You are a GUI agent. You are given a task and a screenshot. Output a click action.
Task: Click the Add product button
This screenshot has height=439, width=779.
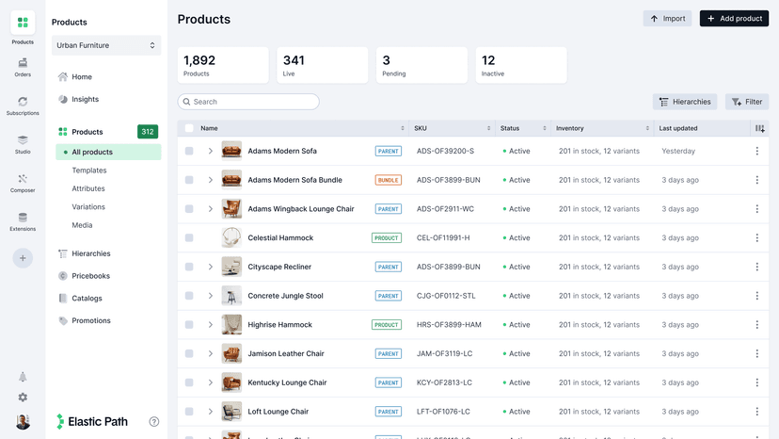pyautogui.click(x=734, y=19)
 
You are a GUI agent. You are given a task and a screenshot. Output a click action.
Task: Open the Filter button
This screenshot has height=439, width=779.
pyautogui.click(x=747, y=102)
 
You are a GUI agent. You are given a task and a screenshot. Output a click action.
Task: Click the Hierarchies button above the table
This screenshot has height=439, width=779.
pyautogui.click(x=685, y=102)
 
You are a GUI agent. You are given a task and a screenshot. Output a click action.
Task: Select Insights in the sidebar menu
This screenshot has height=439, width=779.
pyautogui.click(x=85, y=99)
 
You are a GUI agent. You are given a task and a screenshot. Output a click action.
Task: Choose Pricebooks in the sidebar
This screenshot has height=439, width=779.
pyautogui.click(x=90, y=276)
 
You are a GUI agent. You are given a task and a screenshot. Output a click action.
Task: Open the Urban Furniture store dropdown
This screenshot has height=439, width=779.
pyautogui.click(x=106, y=45)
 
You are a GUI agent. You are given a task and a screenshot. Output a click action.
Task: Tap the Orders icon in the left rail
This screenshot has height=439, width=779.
pyautogui.click(x=23, y=66)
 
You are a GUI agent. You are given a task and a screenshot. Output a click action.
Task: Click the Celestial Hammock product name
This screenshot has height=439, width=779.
pyautogui.click(x=280, y=238)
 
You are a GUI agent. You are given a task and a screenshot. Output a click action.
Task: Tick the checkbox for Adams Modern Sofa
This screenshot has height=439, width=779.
pyautogui.click(x=189, y=151)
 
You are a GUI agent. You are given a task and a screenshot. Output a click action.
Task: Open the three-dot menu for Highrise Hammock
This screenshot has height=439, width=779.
pyautogui.click(x=756, y=325)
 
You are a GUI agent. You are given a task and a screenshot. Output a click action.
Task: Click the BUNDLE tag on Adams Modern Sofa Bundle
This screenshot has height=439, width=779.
pyautogui.click(x=388, y=180)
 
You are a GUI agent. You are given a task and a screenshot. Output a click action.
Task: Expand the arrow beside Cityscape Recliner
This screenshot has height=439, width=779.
pyautogui.click(x=211, y=267)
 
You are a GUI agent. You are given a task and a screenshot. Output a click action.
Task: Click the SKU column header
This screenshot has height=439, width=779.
pyautogui.click(x=421, y=128)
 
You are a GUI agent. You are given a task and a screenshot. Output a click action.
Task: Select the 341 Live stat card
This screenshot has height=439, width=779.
pyautogui.click(x=322, y=65)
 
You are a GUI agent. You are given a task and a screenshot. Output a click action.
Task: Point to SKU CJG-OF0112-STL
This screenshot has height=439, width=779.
pyautogui.click(x=446, y=296)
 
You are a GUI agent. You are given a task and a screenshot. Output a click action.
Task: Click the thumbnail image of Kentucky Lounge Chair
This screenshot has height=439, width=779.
pyautogui.click(x=231, y=382)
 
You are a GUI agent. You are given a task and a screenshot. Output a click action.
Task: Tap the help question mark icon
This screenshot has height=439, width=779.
pyautogui.click(x=154, y=422)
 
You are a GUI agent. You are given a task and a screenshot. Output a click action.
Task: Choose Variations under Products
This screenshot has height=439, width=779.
pyautogui.click(x=88, y=207)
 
